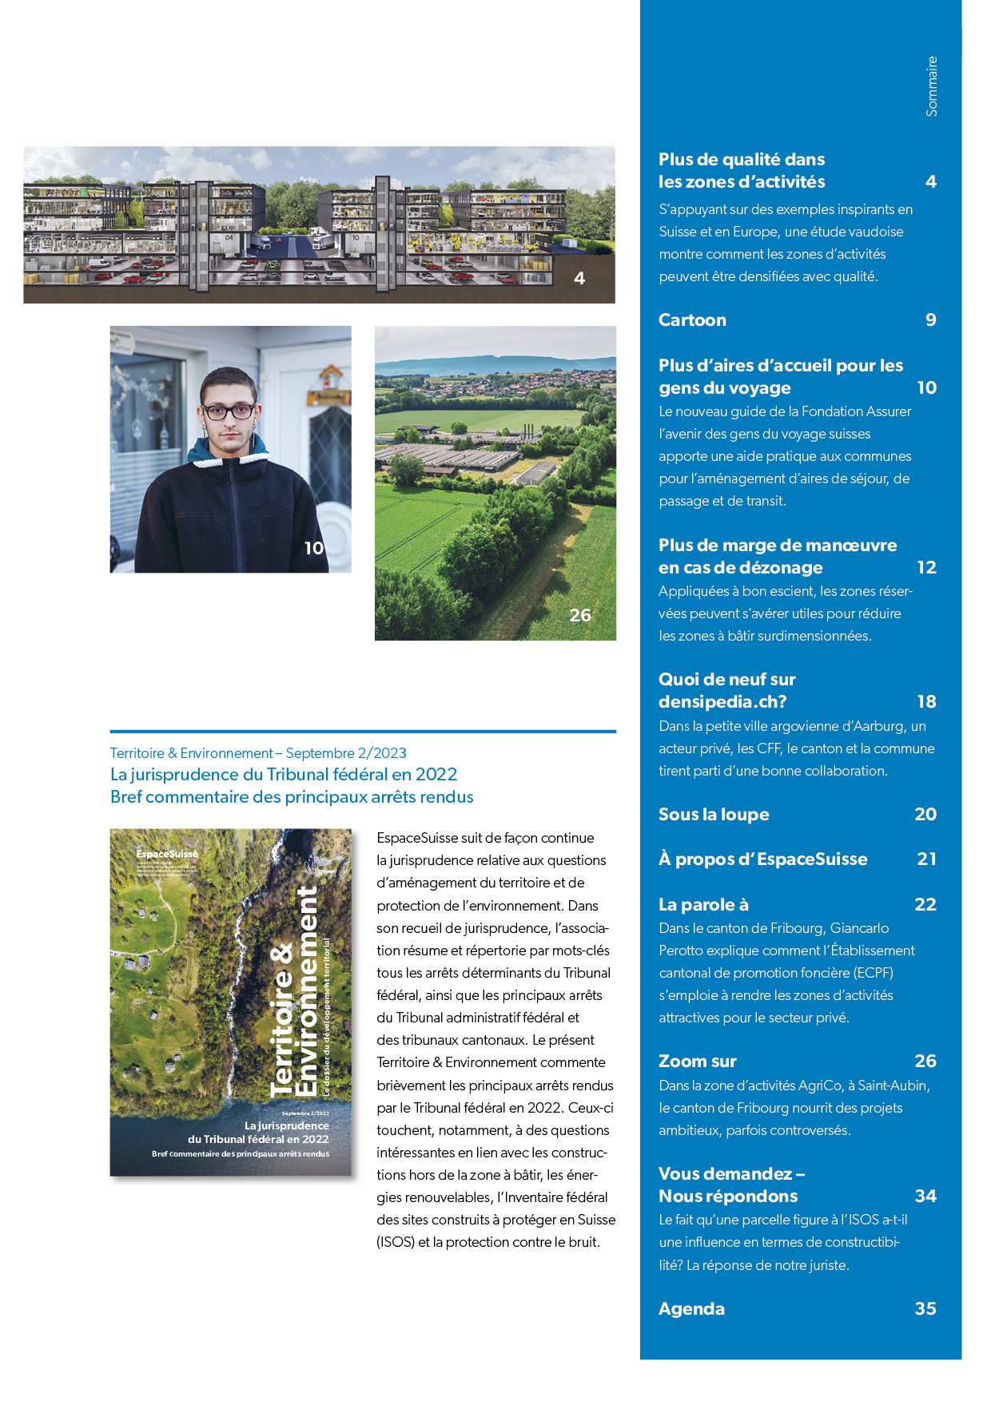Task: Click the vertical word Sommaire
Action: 931,86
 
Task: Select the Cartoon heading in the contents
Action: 692,320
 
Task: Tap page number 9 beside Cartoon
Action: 930,320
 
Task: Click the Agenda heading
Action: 691,1309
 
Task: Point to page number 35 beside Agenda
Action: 925,1309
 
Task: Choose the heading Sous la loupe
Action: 714,815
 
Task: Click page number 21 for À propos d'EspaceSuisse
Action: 926,859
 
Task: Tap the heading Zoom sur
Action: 697,1062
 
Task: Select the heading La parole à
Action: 703,905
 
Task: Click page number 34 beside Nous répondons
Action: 925,1197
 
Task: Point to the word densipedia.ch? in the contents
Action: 722,702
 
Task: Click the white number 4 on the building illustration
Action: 579,279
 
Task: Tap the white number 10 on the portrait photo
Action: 313,548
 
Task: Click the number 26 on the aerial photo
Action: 580,616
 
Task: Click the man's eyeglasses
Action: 228,412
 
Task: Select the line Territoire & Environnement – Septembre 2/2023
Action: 258,753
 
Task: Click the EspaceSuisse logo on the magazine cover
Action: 167,854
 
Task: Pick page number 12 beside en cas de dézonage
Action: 926,568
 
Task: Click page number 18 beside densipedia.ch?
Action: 926,702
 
